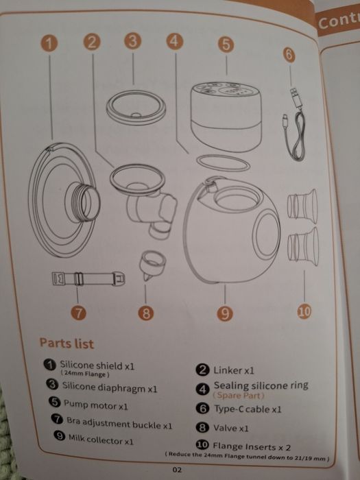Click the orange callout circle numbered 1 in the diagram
pos(47,42)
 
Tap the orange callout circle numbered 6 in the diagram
pos(289,54)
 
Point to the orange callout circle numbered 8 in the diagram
pos(145,313)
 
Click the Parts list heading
pos(67,343)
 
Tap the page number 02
pos(178,470)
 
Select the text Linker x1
pos(234,370)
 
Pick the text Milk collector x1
pos(100,440)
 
